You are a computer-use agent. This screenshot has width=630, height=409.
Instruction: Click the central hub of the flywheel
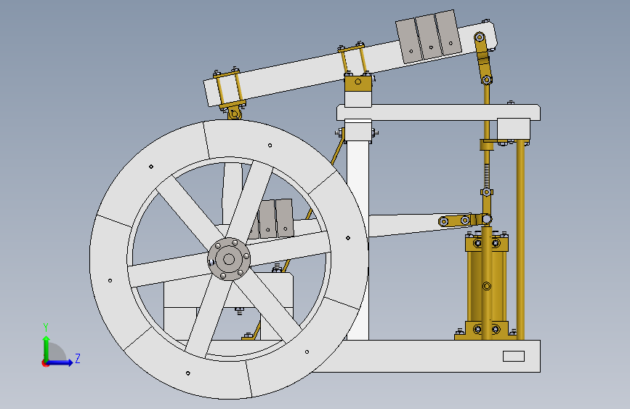229,258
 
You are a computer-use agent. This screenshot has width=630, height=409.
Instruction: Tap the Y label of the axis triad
45,327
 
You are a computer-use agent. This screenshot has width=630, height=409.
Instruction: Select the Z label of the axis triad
77,359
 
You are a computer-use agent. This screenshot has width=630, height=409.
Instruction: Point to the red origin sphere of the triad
45,363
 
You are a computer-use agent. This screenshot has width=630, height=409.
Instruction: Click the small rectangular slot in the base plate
513,356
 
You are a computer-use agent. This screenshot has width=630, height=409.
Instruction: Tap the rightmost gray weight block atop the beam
448,32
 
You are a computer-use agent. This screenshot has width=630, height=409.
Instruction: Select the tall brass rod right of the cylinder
520,240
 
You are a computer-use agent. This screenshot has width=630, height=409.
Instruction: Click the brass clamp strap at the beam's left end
227,87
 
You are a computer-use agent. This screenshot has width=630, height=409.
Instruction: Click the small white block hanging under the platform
513,130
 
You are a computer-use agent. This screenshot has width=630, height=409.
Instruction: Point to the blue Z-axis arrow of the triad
61,362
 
